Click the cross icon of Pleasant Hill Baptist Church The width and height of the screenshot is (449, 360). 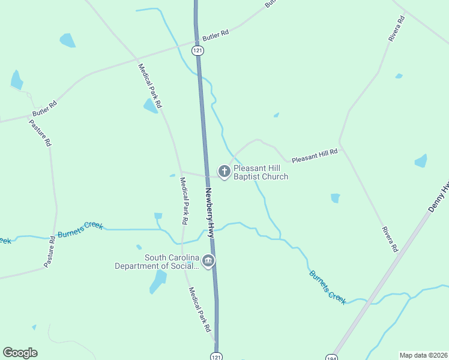pyautogui.click(x=224, y=172)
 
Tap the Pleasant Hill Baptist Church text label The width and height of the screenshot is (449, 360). pyautogui.click(x=261, y=172)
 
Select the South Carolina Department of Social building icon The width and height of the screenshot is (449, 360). pyautogui.click(x=208, y=261)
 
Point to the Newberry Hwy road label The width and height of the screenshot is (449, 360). pyautogui.click(x=210, y=214)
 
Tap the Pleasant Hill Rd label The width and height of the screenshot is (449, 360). pyautogui.click(x=315, y=157)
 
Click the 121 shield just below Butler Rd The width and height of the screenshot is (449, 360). pyautogui.click(x=197, y=51)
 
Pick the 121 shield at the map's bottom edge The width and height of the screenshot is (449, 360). pyautogui.click(x=215, y=356)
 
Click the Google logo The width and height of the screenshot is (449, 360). pyautogui.click(x=20, y=353)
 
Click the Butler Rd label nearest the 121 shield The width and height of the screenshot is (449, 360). pyautogui.click(x=215, y=36)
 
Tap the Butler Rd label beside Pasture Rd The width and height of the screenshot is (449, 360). pyautogui.click(x=44, y=108)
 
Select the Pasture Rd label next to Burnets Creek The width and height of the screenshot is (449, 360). pyautogui.click(x=49, y=251)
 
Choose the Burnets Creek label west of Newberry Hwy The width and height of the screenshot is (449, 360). pyautogui.click(x=80, y=230)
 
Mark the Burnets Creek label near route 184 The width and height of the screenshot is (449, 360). pyautogui.click(x=328, y=287)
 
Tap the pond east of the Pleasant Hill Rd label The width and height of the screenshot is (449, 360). pyautogui.click(x=421, y=161)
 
